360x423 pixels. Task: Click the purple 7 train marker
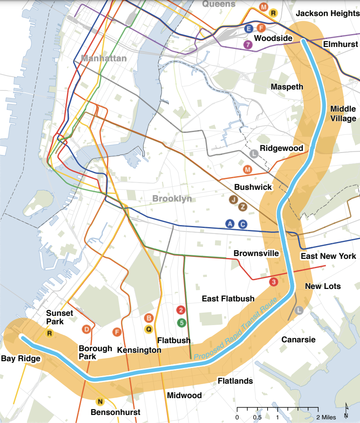pos(248,45)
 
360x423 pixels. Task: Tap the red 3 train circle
pos(274,282)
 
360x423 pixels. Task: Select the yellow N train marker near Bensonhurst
pos(100,401)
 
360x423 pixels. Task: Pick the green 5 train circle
pos(181,322)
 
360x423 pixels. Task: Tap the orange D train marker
pos(86,329)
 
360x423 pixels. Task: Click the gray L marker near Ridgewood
pos(254,153)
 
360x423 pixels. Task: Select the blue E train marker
pos(249,28)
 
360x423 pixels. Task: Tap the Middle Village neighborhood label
pos(343,114)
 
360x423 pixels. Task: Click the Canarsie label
pos(298,340)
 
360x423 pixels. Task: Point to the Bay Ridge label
pos(20,358)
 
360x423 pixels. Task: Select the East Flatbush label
pos(228,299)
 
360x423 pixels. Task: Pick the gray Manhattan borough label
pos(104,59)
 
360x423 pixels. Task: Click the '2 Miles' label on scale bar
pos(325,417)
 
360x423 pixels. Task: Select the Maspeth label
pos(287,87)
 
